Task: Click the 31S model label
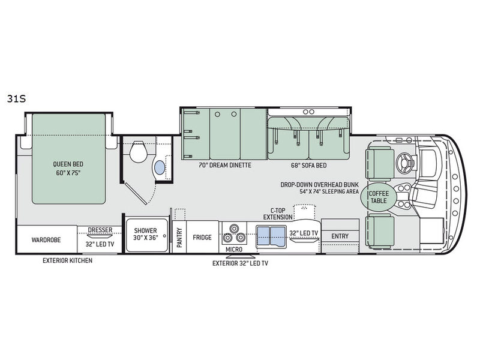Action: pyautogui.click(x=16, y=99)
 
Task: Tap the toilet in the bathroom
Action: pyautogui.click(x=138, y=151)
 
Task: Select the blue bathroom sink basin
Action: pyautogui.click(x=160, y=168)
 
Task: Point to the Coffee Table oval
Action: pyautogui.click(x=379, y=197)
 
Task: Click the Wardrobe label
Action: pyautogui.click(x=46, y=239)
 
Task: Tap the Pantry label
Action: pyautogui.click(x=179, y=237)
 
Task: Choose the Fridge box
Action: pyautogui.click(x=202, y=237)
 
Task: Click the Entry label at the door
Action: pyautogui.click(x=340, y=236)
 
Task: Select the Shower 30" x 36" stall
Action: pyautogui.click(x=147, y=235)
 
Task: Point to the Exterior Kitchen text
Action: pyautogui.click(x=67, y=260)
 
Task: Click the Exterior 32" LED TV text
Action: pyautogui.click(x=241, y=263)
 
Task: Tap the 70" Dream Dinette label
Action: pyautogui.click(x=225, y=166)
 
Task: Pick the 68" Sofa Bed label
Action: pyautogui.click(x=308, y=166)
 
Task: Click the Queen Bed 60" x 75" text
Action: pyautogui.click(x=68, y=169)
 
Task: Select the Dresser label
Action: pyautogui.click(x=100, y=230)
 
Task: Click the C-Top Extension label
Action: pyautogui.click(x=278, y=214)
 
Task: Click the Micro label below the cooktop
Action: pyautogui.click(x=234, y=250)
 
